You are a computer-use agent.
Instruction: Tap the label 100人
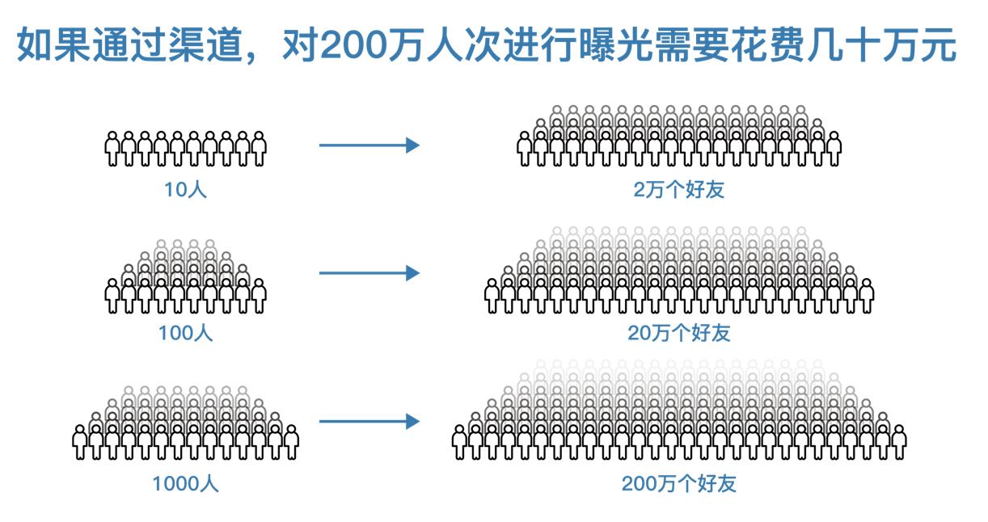(x=185, y=332)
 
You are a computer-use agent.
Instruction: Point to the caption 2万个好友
(x=679, y=190)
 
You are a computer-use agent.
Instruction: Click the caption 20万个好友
(x=679, y=332)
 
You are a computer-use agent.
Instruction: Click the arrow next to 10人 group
(x=369, y=145)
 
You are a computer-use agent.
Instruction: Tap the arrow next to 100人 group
(x=369, y=273)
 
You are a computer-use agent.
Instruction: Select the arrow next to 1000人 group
(x=369, y=421)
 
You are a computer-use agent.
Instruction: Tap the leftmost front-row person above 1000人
(x=79, y=441)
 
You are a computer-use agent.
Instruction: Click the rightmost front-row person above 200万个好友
(x=898, y=441)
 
